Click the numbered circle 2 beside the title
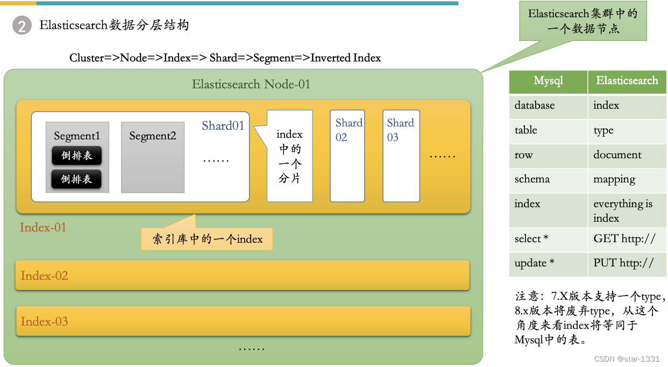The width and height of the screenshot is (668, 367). click(x=22, y=26)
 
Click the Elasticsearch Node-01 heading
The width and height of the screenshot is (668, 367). click(x=251, y=84)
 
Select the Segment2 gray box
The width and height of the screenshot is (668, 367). click(x=153, y=157)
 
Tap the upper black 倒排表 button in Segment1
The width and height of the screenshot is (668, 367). click(x=76, y=156)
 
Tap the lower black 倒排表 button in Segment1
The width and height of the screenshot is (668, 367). click(x=76, y=179)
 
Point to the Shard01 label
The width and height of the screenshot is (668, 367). click(x=223, y=126)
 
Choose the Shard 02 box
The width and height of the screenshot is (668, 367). click(x=347, y=156)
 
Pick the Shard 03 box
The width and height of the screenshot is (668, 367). click(x=401, y=156)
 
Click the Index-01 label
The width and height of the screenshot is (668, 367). click(x=43, y=227)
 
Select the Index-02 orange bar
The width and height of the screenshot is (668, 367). click(x=243, y=276)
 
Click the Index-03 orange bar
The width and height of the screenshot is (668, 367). click(x=243, y=321)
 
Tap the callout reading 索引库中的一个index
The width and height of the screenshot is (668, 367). click(x=207, y=239)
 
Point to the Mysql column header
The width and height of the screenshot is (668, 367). click(x=548, y=81)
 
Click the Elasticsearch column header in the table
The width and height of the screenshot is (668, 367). click(x=627, y=81)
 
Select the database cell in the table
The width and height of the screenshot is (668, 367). click(x=548, y=106)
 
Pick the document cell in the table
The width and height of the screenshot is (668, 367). click(x=627, y=155)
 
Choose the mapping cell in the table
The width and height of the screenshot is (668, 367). click(x=627, y=179)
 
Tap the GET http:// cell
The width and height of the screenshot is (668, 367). click(x=627, y=239)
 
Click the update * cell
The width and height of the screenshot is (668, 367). click(x=548, y=263)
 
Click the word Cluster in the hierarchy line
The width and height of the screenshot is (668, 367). click(x=86, y=58)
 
